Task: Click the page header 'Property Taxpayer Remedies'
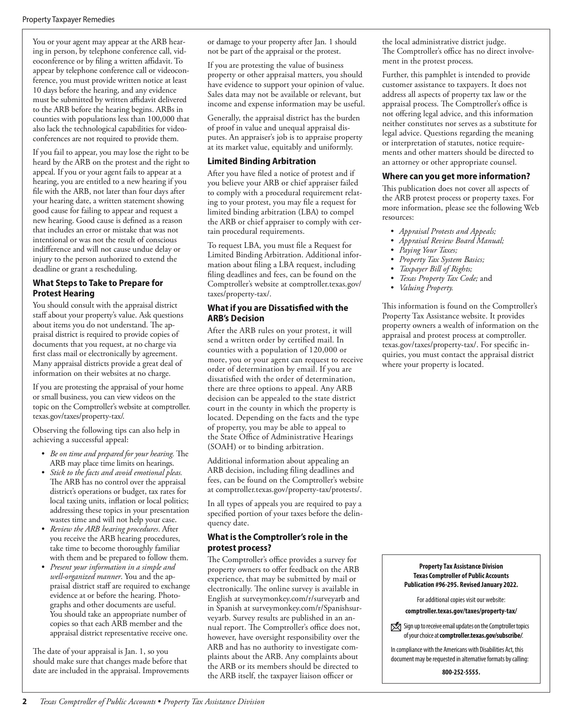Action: [x=68, y=20]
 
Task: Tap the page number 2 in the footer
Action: [x=25, y=702]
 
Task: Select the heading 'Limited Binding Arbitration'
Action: [x=261, y=161]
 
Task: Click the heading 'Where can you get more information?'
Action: [x=456, y=176]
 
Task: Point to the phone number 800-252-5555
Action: [x=461, y=672]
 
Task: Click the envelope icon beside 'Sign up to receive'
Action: [x=396, y=627]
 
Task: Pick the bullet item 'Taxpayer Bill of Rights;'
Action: [x=436, y=269]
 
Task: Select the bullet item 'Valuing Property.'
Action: [x=426, y=287]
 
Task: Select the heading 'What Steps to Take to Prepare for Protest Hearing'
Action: [x=97, y=288]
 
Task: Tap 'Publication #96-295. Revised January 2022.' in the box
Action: [x=461, y=585]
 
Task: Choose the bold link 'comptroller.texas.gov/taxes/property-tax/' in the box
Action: [x=461, y=611]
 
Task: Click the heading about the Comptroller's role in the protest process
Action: [x=277, y=542]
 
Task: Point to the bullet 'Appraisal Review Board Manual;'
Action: [x=451, y=240]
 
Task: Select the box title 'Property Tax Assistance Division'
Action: [x=461, y=566]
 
